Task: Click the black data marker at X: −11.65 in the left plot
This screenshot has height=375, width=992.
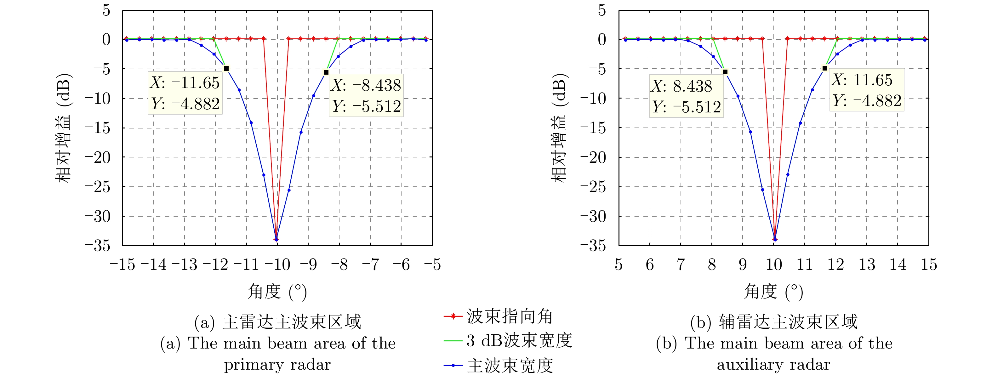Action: coord(226,69)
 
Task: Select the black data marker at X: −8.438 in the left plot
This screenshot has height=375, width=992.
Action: coord(326,72)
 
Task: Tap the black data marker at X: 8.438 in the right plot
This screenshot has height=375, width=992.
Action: coord(725,72)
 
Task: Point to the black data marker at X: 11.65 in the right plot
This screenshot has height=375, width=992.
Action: coord(824,68)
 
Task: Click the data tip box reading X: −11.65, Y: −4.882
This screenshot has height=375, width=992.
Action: coord(185,93)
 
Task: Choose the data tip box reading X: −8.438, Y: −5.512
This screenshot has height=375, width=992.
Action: coord(366,95)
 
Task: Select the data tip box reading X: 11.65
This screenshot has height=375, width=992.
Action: coord(866,90)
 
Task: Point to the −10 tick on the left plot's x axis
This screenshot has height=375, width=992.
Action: coord(277,264)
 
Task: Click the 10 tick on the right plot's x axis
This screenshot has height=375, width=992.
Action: coord(774,264)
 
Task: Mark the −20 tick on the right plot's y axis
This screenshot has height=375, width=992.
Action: coord(593,157)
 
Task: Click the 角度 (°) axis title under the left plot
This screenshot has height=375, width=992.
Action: coord(277,292)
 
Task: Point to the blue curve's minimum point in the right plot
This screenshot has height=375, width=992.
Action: coord(775,239)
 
